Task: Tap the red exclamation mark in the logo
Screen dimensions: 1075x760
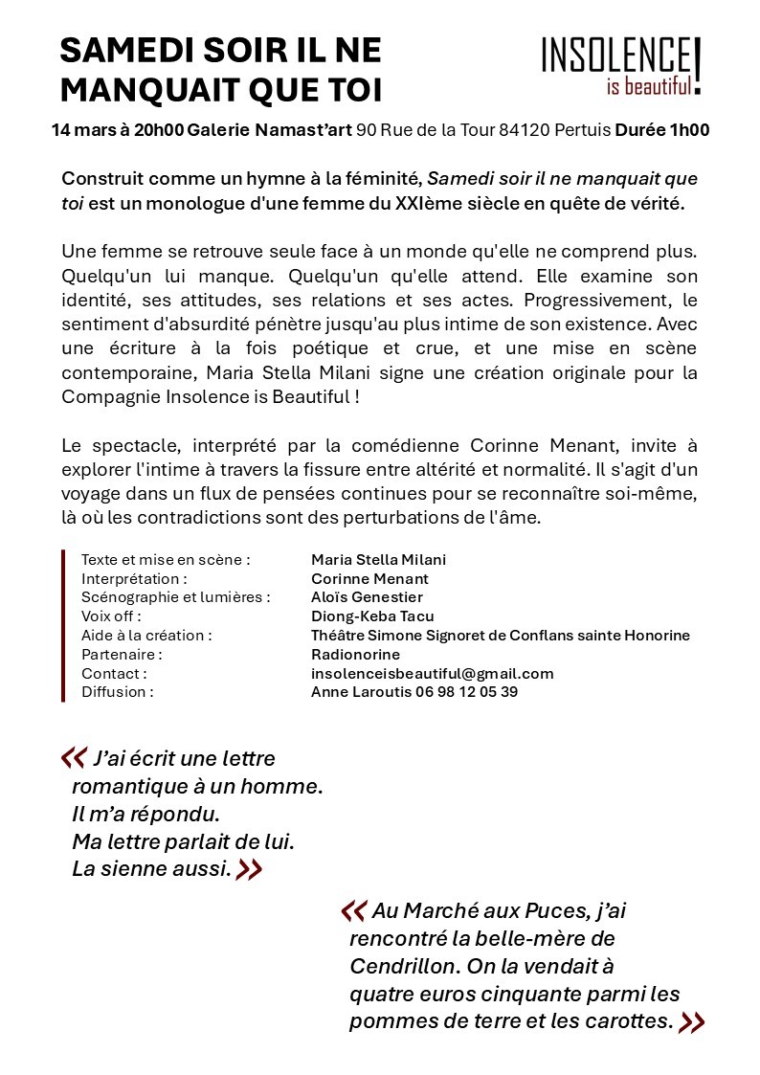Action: pyautogui.click(x=698, y=65)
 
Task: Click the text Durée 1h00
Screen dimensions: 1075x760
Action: pyautogui.click(x=661, y=130)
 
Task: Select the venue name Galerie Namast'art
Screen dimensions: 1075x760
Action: pyautogui.click(x=270, y=130)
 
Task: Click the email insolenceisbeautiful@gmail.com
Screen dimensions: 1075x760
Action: pyautogui.click(x=432, y=673)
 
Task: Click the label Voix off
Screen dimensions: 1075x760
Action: pyautogui.click(x=111, y=616)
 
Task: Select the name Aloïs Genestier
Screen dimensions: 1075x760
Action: pyautogui.click(x=367, y=597)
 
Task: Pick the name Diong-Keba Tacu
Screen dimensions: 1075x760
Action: pyautogui.click(x=372, y=616)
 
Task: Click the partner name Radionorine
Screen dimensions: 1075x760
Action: pyautogui.click(x=355, y=654)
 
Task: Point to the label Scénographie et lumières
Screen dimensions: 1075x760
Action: pyautogui.click(x=175, y=597)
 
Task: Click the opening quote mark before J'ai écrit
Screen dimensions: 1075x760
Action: pyautogui.click(x=74, y=758)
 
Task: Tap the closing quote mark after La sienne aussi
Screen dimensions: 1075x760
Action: pyautogui.click(x=249, y=870)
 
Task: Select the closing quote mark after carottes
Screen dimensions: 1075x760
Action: pyautogui.click(x=691, y=1021)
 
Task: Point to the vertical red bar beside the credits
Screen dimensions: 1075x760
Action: pyautogui.click(x=63, y=625)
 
